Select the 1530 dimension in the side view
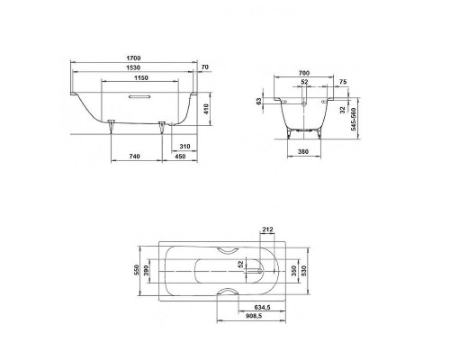coord(132,70)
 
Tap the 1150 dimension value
coord(135,80)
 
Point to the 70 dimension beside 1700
coord(205,67)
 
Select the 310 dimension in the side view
coord(184,146)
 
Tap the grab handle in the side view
coord(135,100)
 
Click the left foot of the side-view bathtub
coord(112,124)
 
